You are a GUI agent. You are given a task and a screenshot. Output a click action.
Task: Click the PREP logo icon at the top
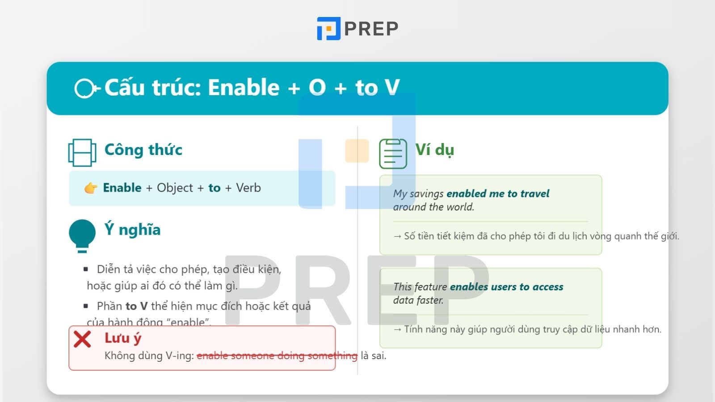pos(328,29)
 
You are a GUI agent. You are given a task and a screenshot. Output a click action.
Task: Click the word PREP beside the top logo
pos(371,29)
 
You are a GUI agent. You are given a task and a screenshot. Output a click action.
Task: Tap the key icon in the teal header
pos(86,88)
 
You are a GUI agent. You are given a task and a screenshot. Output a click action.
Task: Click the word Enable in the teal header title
pos(244,88)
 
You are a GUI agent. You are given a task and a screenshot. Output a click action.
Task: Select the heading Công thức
pos(143,150)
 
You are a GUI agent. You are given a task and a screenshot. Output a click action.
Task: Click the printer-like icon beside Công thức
pos(82,152)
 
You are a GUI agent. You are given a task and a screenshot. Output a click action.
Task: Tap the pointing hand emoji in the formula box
pos(91,188)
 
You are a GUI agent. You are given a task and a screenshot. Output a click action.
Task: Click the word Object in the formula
pos(175,188)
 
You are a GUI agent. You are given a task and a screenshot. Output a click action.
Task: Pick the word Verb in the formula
pos(248,188)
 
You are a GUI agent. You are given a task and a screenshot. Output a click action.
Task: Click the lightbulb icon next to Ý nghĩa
pos(82,235)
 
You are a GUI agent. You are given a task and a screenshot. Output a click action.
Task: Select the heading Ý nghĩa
pos(132,230)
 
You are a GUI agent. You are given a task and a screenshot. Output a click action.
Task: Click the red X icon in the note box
pos(82,339)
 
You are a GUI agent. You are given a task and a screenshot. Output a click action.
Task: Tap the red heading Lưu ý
pos(122,338)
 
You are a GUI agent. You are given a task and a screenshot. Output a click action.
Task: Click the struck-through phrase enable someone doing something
pos(277,356)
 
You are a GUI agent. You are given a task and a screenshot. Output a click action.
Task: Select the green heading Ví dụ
pos(434,150)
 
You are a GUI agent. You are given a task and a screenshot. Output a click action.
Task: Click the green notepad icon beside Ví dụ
pos(393,154)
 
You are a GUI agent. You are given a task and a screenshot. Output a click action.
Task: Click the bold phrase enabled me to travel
pos(498,193)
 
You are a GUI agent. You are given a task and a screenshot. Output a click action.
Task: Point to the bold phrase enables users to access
pos(506,287)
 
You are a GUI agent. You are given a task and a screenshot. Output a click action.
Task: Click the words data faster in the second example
pos(418,300)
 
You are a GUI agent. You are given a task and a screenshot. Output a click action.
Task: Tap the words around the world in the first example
pos(433,207)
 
